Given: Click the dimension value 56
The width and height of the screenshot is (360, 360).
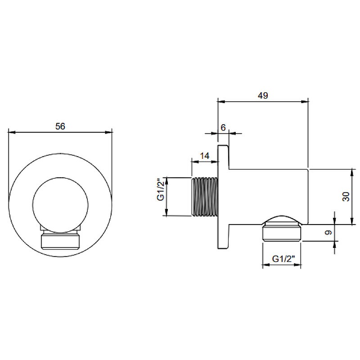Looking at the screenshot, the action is click(x=60, y=126).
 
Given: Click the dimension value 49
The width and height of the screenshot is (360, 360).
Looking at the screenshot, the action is click(x=263, y=95).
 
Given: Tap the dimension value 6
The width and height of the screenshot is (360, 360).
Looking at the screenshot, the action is click(x=223, y=127).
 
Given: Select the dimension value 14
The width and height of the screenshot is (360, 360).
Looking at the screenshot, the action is click(x=205, y=156).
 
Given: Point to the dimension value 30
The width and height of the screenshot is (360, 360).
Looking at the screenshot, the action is click(x=346, y=197).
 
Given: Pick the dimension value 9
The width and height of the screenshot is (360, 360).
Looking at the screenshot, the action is click(x=329, y=232).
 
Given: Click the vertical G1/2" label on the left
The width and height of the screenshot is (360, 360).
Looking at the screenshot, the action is click(x=161, y=189).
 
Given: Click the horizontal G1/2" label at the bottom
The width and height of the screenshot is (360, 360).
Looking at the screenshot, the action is click(x=283, y=259).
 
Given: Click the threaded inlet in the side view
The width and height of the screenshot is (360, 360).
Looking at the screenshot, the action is click(x=205, y=197).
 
